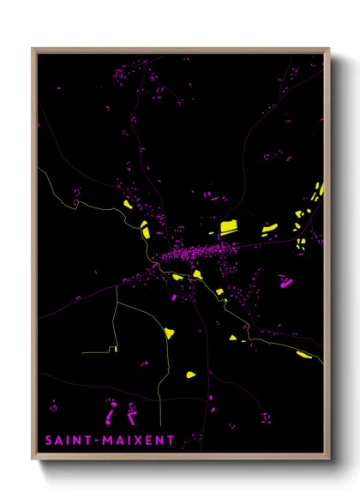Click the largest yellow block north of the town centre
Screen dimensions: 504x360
[229, 227]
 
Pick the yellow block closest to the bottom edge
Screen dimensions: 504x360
[190, 374]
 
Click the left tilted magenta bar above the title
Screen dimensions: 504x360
[112, 417]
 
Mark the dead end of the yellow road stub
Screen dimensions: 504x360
[82, 351]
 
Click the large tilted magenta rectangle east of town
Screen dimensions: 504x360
[285, 279]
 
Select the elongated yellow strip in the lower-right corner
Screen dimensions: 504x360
[303, 353]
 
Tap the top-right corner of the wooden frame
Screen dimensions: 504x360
[330, 49]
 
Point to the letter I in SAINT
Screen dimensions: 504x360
[72, 441]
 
